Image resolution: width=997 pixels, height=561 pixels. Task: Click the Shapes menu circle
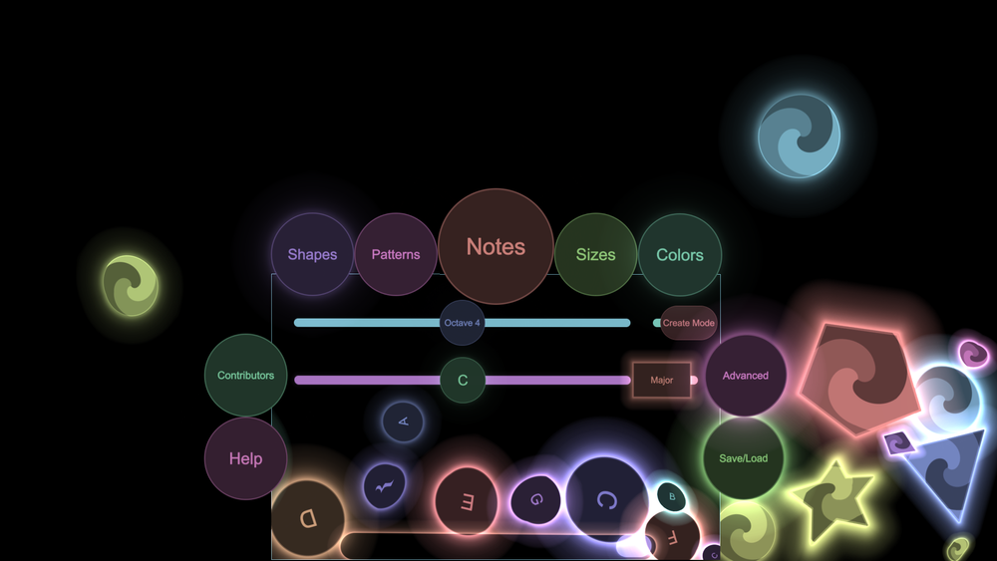coord(312,254)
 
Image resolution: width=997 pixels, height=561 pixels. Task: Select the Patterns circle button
coord(396,254)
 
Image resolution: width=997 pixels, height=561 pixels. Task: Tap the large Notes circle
coord(496,246)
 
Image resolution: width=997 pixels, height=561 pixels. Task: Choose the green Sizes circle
coord(595,254)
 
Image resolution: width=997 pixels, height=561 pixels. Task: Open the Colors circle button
coord(680,254)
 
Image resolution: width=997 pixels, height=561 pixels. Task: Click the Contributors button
coord(245,376)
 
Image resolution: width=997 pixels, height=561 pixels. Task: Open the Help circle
coord(245,458)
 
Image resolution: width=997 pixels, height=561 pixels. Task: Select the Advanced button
coord(746,376)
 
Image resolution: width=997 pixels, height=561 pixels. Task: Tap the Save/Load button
coord(744,458)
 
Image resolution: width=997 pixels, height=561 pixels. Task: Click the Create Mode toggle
coord(689,323)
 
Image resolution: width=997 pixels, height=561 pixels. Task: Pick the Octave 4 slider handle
coord(463,323)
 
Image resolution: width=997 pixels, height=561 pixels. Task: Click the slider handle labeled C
coord(463,380)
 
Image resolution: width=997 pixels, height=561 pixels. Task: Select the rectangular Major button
coord(662,380)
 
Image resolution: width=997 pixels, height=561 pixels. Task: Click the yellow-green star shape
coord(833,498)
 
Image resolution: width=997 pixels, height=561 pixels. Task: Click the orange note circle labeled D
coord(308,518)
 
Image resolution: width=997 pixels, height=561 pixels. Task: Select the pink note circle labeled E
coord(465,501)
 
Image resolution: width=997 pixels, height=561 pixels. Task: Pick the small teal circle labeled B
coord(671,495)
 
